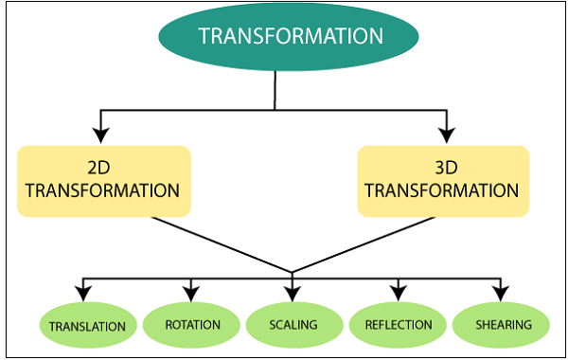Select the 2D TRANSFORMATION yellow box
pyautogui.click(x=103, y=180)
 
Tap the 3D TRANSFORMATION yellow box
pyautogui.click(x=442, y=180)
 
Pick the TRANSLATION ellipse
pyautogui.click(x=87, y=326)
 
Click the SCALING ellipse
pyautogui.click(x=293, y=325)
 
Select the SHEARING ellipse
pyautogui.click(x=499, y=325)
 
